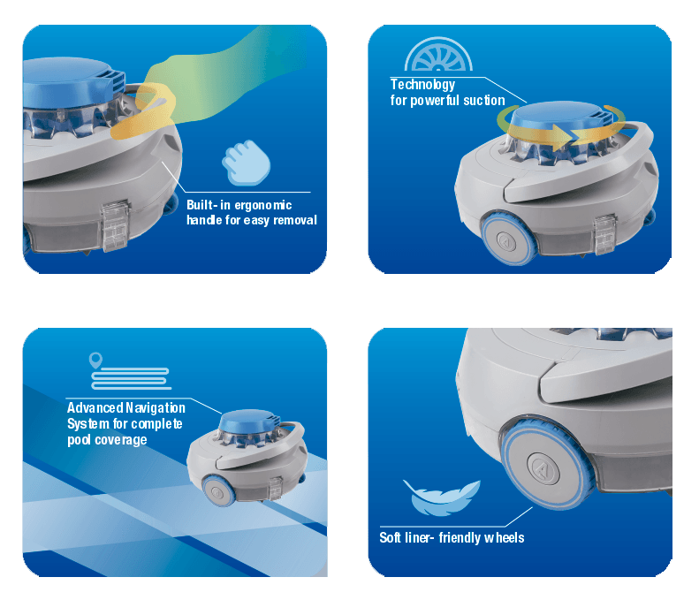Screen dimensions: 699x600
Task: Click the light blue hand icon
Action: (246, 163)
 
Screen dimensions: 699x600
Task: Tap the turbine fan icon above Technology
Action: (438, 55)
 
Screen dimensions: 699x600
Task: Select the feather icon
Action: (441, 497)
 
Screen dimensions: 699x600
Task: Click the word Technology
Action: (422, 85)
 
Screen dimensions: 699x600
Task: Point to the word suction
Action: (484, 101)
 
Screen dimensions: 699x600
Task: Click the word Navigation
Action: (156, 408)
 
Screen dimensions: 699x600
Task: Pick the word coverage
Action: (121, 440)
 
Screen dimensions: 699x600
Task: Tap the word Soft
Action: (390, 537)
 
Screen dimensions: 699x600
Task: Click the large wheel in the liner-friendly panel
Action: (546, 462)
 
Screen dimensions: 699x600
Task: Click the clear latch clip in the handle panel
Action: (115, 225)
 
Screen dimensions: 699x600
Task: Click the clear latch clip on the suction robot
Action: (604, 234)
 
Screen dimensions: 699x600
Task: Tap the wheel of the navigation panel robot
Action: (218, 490)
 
